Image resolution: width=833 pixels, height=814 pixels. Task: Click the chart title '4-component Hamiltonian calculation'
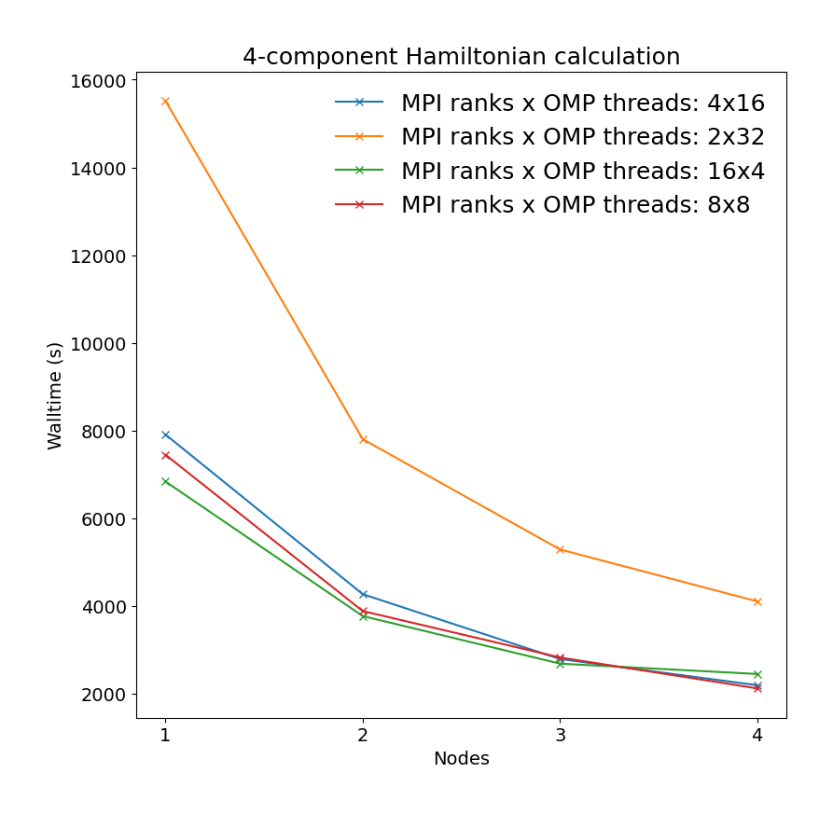pos(461,57)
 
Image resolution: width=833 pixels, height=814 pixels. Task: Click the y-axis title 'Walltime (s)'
pos(55,395)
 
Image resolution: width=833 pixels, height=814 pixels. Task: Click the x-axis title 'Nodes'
pos(461,759)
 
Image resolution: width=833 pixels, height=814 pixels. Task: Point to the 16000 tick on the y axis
pos(99,81)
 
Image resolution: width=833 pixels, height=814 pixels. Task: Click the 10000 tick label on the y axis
pos(99,344)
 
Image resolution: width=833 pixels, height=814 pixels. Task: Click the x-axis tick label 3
pos(560,735)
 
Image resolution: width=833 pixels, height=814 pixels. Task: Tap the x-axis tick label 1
pos(165,735)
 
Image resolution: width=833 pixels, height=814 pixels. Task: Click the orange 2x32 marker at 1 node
pos(165,101)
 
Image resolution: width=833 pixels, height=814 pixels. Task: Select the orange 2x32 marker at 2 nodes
pos(363,439)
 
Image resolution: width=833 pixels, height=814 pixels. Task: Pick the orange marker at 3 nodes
pos(560,549)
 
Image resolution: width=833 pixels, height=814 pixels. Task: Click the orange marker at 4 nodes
pos(757,601)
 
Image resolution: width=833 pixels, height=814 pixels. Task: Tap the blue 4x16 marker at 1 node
pos(165,435)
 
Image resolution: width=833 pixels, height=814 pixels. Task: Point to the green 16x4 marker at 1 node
pos(165,481)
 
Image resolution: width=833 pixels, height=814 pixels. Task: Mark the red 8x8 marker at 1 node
pos(165,455)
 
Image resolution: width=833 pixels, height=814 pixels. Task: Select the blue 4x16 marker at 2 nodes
pos(363,594)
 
